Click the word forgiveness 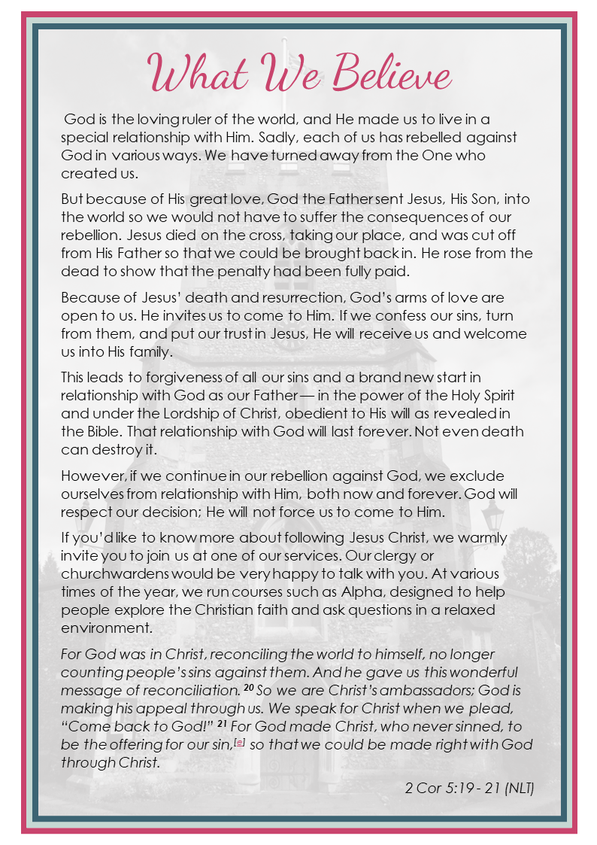170,377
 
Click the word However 92,476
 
